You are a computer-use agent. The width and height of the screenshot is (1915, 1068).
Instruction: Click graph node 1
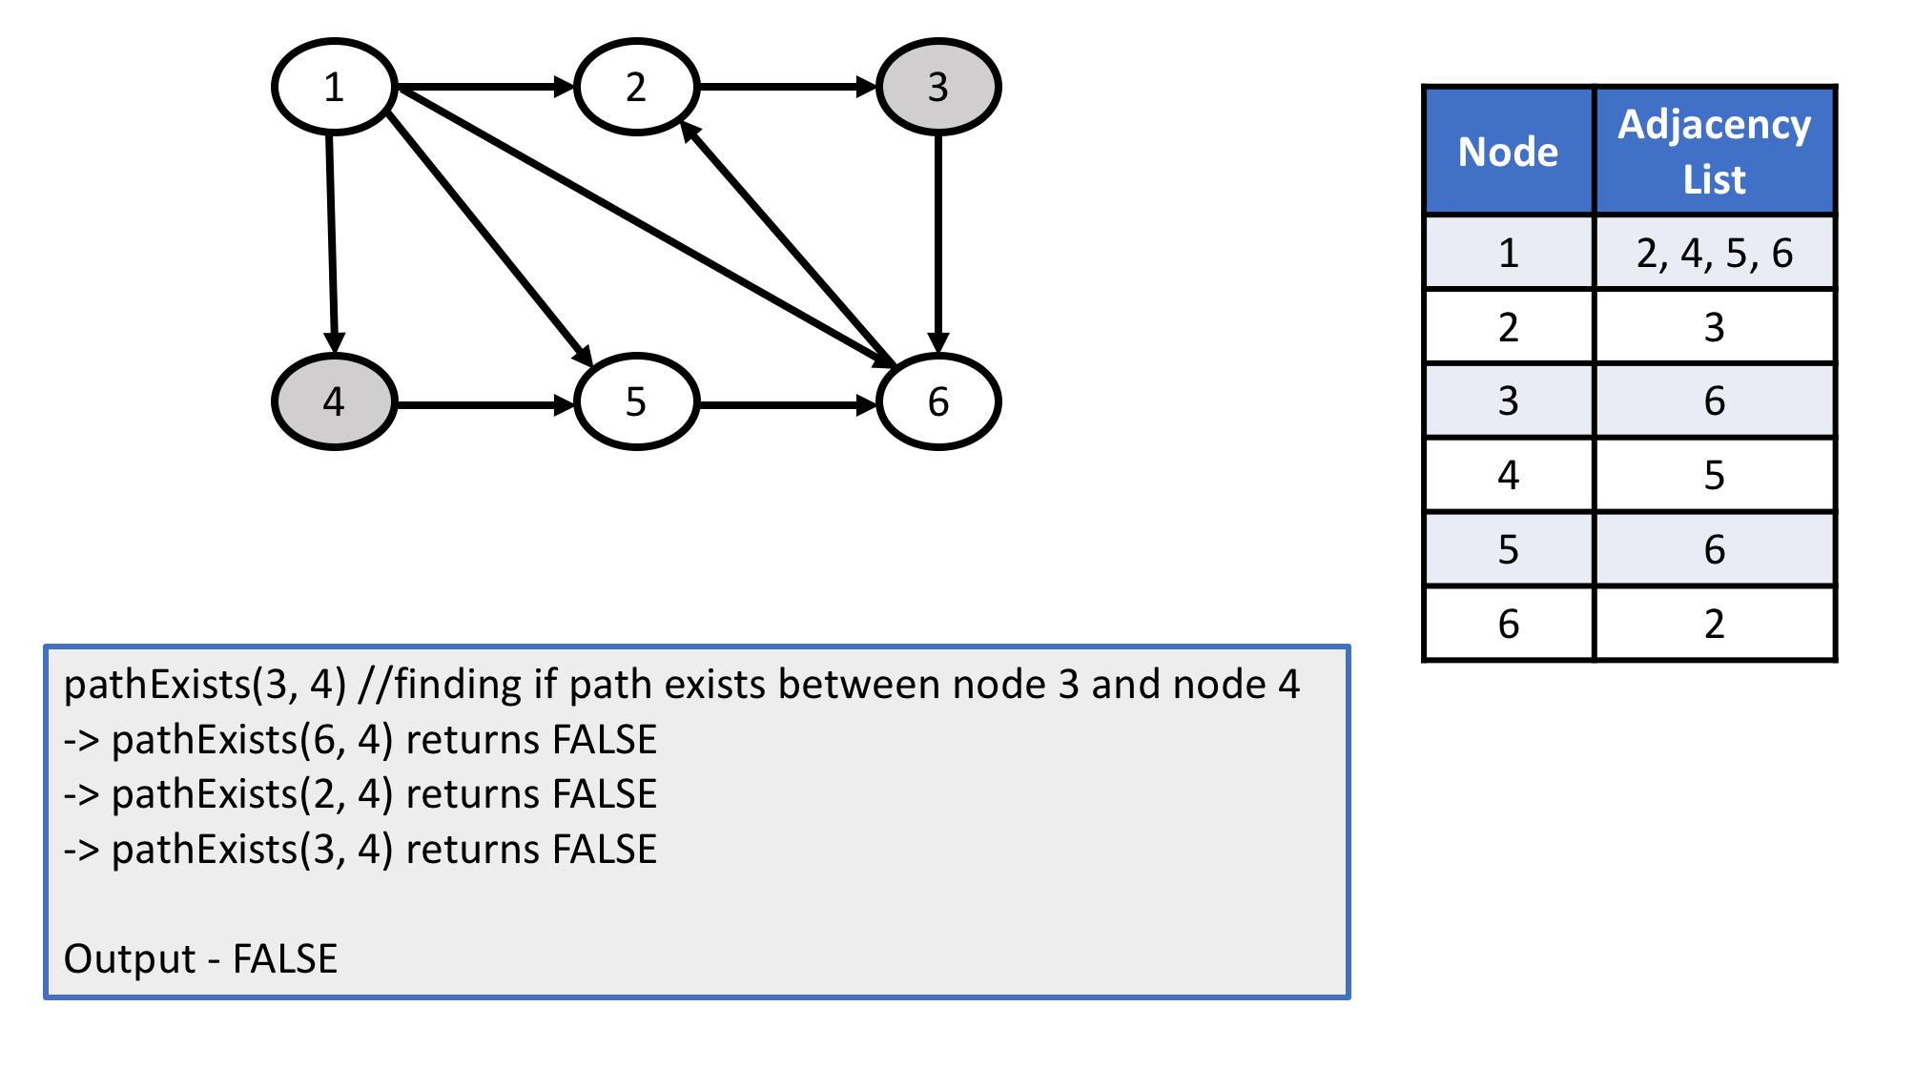pos(334,87)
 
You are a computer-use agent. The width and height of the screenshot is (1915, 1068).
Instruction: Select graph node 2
pos(636,87)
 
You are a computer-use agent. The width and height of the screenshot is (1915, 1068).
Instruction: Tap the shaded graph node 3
pos(937,87)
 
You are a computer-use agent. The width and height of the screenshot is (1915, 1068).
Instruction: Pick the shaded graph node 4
pos(334,401)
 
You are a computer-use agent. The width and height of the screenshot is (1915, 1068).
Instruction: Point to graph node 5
pos(636,401)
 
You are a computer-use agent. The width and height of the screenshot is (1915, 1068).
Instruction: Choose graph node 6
pos(937,401)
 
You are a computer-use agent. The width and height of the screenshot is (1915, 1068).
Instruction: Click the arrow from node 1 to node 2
pos(484,87)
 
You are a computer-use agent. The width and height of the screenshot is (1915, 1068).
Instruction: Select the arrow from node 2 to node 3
pos(787,87)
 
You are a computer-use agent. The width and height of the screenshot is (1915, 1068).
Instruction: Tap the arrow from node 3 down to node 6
pos(938,243)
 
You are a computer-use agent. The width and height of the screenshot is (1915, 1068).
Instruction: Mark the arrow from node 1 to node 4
pos(332,243)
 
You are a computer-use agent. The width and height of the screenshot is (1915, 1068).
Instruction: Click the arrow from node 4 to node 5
pos(484,405)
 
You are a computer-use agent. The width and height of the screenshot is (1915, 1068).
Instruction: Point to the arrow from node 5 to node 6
pos(787,405)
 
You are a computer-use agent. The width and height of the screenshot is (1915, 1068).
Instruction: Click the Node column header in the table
pos(1508,152)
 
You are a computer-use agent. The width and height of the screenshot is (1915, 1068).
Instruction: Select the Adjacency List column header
pos(1714,152)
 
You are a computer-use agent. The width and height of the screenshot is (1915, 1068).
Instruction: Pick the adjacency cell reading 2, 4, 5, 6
pos(1714,253)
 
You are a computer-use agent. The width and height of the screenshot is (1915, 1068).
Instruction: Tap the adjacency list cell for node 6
pos(1714,624)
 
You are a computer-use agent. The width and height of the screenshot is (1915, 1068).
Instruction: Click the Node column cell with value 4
pos(1508,475)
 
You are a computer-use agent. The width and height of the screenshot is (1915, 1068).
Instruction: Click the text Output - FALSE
pos(200,958)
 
